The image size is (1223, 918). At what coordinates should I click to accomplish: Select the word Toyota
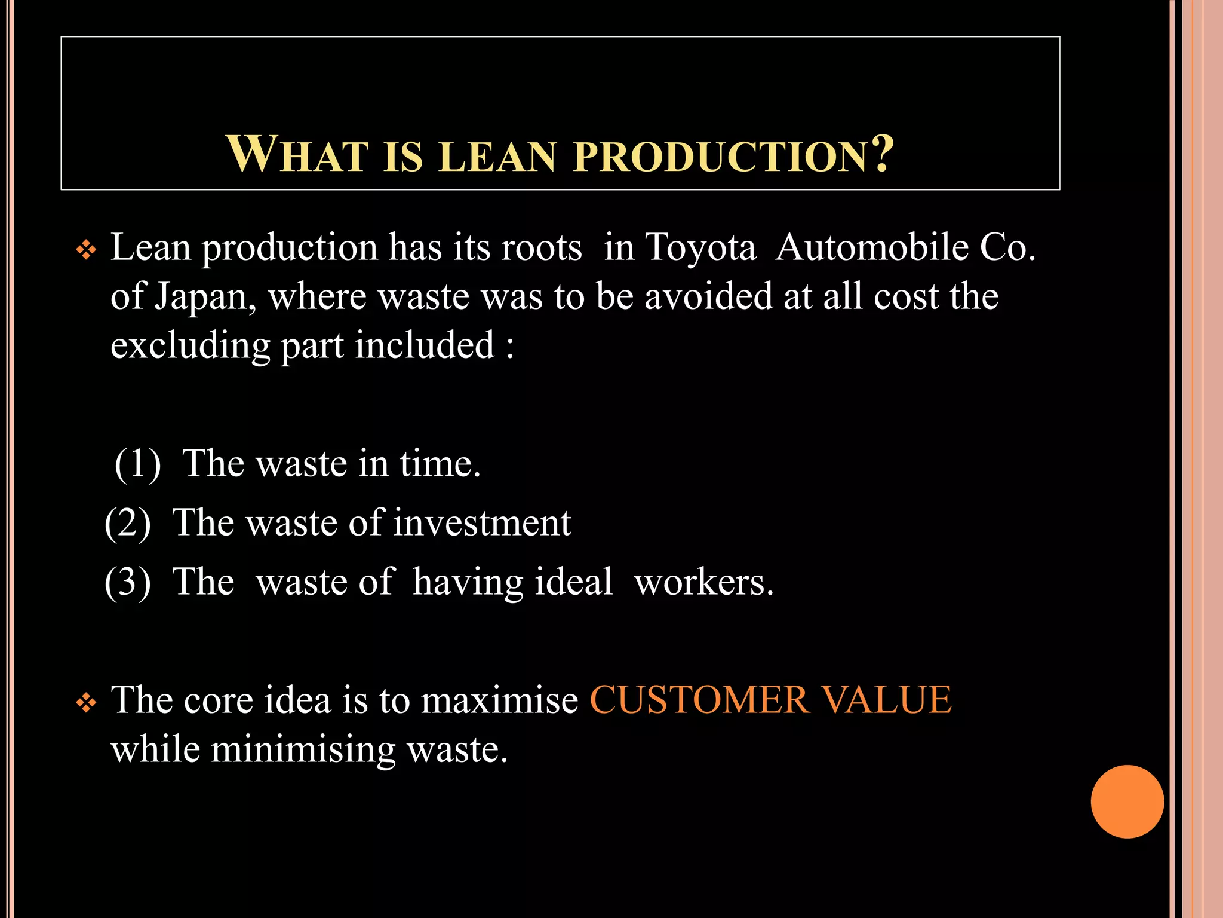(x=700, y=247)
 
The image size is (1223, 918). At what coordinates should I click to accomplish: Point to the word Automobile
(x=872, y=247)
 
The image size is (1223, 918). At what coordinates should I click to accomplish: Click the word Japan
(x=205, y=297)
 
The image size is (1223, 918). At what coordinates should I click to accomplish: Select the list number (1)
(x=138, y=463)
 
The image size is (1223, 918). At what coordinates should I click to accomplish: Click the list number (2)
(x=128, y=523)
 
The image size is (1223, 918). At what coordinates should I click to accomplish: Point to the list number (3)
(x=128, y=582)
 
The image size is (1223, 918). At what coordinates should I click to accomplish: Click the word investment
(x=482, y=522)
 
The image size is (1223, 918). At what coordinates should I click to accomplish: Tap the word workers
(x=703, y=582)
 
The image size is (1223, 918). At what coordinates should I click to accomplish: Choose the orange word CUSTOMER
(x=699, y=700)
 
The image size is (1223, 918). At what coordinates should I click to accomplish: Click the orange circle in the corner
(x=1127, y=801)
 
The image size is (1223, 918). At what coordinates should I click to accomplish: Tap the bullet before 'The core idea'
(x=87, y=703)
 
